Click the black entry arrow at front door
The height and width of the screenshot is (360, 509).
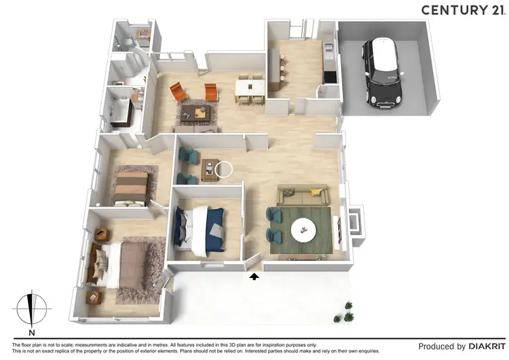pos(254,276)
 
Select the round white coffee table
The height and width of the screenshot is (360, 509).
pos(303,231)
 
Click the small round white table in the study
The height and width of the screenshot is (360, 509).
pos(223,168)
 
